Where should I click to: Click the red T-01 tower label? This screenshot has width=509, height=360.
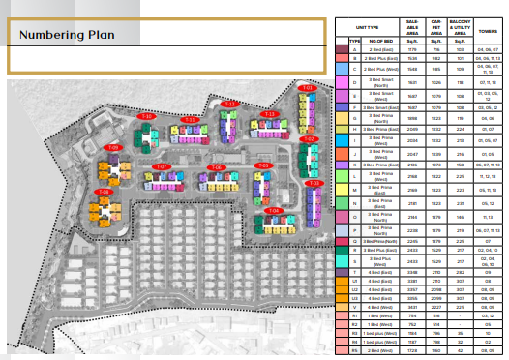[x=309, y=88]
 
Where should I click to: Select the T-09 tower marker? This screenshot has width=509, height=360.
[x=113, y=147]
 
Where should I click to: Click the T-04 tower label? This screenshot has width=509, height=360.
[x=273, y=210]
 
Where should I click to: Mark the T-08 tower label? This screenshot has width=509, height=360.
[x=104, y=192]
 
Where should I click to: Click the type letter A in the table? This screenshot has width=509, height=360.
[x=354, y=49]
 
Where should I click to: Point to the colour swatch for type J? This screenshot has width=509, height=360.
[x=342, y=153]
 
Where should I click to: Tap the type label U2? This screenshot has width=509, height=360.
[x=354, y=287]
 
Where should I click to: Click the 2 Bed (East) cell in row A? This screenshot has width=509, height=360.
[x=375, y=49]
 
